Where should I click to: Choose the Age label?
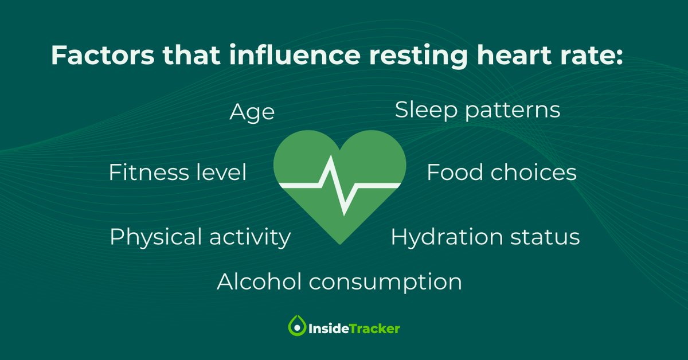pyautogui.click(x=252, y=113)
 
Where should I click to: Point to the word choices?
pyautogui.click(x=534, y=173)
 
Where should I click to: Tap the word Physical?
pyautogui.click(x=155, y=237)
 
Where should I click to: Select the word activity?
pyautogui.click(x=250, y=237)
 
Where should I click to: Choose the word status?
pyautogui.click(x=548, y=237)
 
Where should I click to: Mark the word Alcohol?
pyautogui.click(x=259, y=282)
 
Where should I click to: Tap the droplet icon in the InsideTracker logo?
pyautogui.click(x=297, y=327)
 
